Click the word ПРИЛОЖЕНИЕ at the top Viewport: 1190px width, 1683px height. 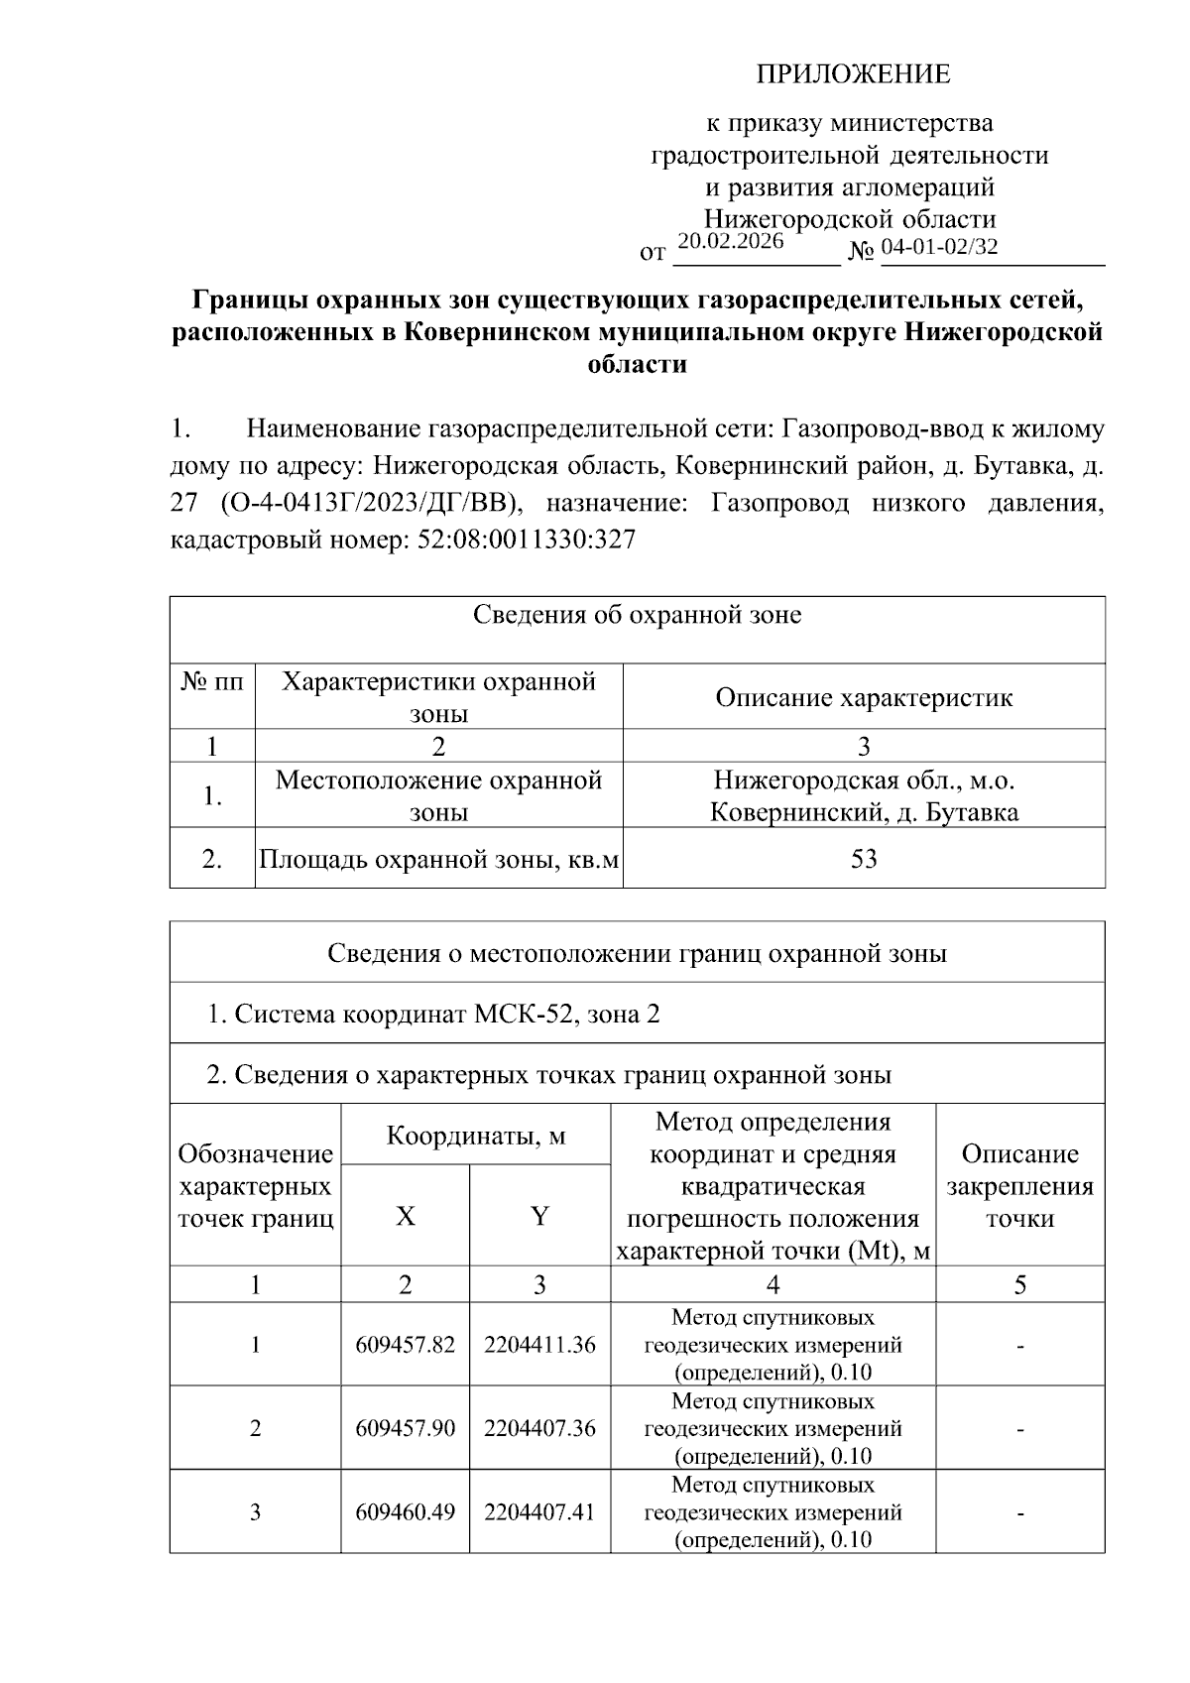pyautogui.click(x=853, y=74)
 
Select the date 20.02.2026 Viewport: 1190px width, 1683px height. pyautogui.click(x=730, y=242)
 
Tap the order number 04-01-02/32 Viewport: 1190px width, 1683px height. pyautogui.click(x=939, y=247)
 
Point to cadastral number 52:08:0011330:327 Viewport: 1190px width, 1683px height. pyautogui.click(x=521, y=540)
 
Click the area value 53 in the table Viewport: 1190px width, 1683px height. pyautogui.click(x=864, y=859)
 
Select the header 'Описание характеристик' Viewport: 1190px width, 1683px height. pyautogui.click(x=864, y=697)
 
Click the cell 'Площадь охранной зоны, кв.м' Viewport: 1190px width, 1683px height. pyautogui.click(x=438, y=859)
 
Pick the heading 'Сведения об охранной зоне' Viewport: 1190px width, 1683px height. pyautogui.click(x=637, y=615)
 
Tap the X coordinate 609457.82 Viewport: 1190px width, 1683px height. pyautogui.click(x=405, y=1345)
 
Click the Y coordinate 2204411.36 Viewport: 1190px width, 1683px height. pyautogui.click(x=539, y=1345)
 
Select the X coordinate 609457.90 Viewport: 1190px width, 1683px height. pyautogui.click(x=405, y=1428)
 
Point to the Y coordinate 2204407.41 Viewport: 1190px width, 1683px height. pyautogui.click(x=539, y=1512)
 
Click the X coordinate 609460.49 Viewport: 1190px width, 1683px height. pyautogui.click(x=405, y=1512)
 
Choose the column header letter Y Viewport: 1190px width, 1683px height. pyautogui.click(x=539, y=1216)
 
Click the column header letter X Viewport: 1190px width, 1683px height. pyautogui.click(x=405, y=1216)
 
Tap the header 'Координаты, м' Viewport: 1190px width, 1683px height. pyautogui.click(x=475, y=1136)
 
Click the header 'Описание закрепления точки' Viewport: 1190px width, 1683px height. pyautogui.click(x=1019, y=1186)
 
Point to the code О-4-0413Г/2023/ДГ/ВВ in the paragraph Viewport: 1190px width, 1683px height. pyautogui.click(x=366, y=504)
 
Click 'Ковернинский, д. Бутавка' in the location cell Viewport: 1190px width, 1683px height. pyautogui.click(x=864, y=813)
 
